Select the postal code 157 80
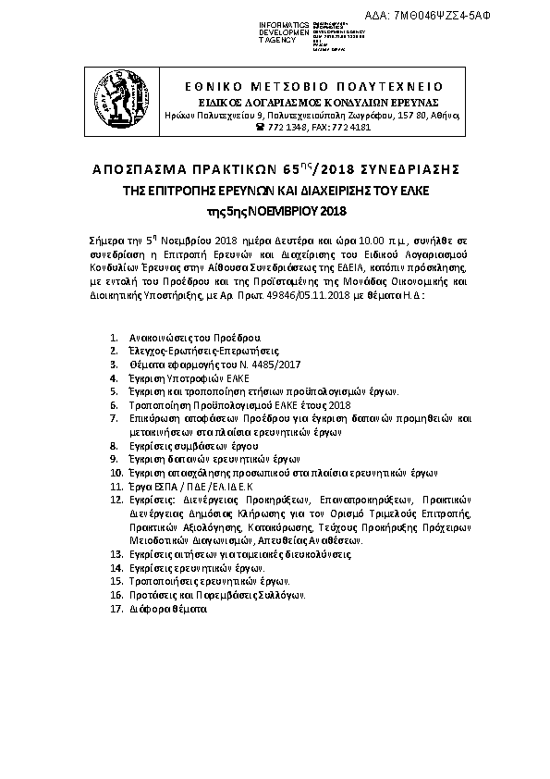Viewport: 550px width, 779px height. pyautogui.click(x=412, y=115)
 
